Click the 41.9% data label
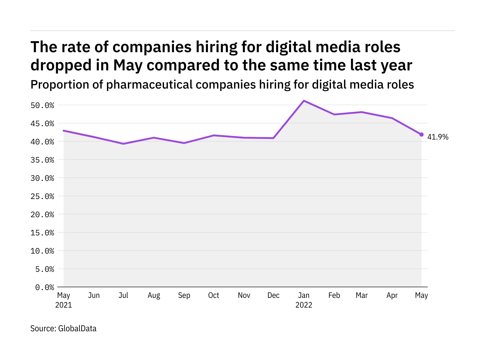[x=438, y=137]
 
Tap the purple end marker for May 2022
[x=421, y=134]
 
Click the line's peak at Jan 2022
[x=304, y=101]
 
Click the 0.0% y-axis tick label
[x=45, y=287]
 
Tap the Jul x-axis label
[x=123, y=295]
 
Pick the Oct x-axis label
[x=213, y=295]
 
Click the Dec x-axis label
[x=273, y=295]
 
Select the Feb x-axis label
[x=334, y=295]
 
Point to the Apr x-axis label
[x=392, y=295]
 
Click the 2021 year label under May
[x=64, y=305]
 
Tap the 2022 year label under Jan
[x=304, y=305]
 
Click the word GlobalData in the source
[x=77, y=329]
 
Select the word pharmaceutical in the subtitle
[x=149, y=85]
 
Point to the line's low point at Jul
[x=123, y=143]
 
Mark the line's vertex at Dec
[x=273, y=138]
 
